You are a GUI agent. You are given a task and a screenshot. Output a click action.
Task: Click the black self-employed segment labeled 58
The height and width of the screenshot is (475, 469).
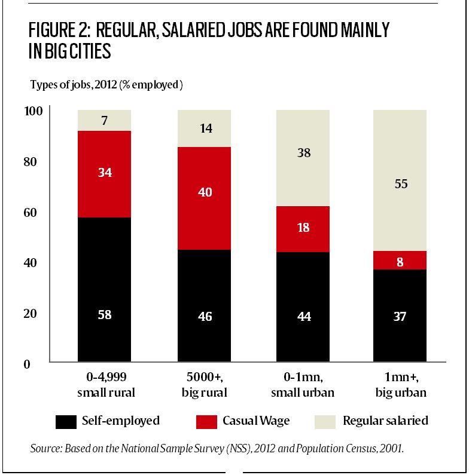coord(104,290)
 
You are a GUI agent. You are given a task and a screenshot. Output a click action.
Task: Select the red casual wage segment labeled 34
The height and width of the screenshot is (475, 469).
coord(104,174)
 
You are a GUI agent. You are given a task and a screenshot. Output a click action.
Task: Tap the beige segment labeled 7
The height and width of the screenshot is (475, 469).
coord(104,120)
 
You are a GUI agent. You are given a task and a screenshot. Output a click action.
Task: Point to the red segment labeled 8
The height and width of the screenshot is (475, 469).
coord(400,261)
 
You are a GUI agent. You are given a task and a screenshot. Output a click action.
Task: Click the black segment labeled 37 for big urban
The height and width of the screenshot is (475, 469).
coord(400,317)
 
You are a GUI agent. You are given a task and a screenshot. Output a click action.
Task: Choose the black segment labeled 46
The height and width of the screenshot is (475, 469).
coord(204,307)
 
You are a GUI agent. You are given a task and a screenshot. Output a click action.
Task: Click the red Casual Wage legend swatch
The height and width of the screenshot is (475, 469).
coord(206,421)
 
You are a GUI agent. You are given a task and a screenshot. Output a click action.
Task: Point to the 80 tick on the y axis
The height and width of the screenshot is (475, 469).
coord(32,162)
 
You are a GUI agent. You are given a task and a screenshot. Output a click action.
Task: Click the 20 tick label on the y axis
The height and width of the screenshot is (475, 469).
coord(32,314)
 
